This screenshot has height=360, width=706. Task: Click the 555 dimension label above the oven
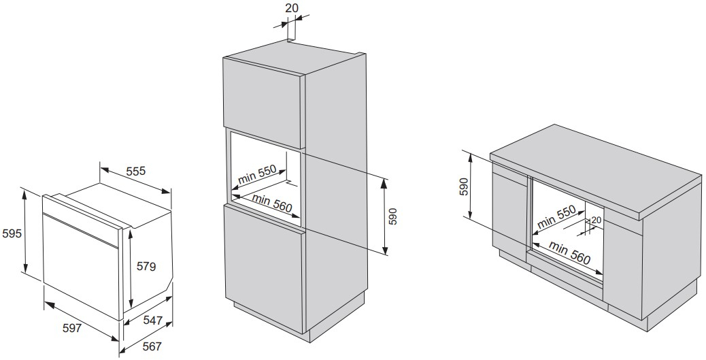click(x=136, y=171)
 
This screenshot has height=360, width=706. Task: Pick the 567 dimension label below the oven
click(x=152, y=346)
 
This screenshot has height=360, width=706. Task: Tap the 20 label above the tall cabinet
click(x=291, y=8)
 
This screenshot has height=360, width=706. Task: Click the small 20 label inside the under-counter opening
click(x=596, y=220)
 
